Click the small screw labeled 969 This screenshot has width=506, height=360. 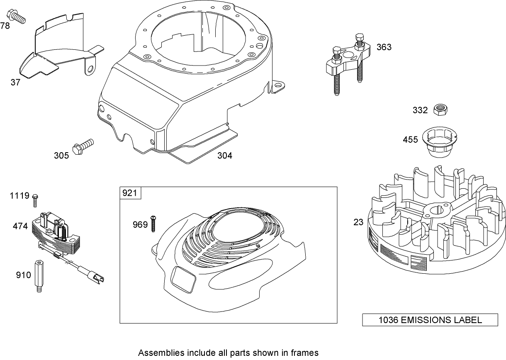pos(153,224)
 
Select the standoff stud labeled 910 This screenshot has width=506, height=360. pos(39,275)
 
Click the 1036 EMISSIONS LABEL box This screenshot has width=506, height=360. pos(430,320)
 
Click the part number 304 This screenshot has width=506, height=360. pos(225,156)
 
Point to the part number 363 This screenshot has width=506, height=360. pos(384,47)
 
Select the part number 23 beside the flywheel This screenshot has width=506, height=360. pos(358,222)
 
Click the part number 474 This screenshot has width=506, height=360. pos(20,226)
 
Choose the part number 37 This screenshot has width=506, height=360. pos(15,82)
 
